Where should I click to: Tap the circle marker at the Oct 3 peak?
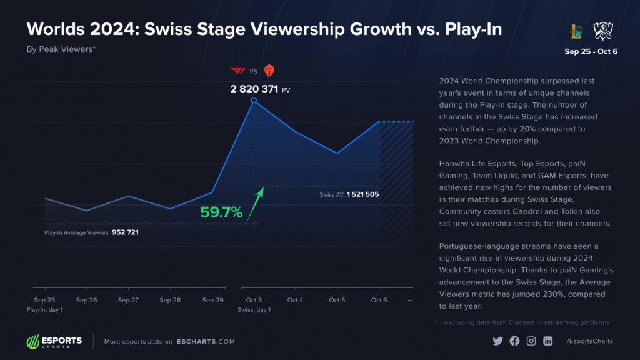coord(254,100)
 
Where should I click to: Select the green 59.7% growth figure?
coord(221,212)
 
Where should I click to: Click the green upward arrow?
coord(255,204)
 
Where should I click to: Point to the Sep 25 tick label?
coord(44,300)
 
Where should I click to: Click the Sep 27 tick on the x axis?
coord(128,300)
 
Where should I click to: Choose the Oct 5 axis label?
coord(337,300)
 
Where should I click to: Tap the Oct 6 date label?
coord(379,300)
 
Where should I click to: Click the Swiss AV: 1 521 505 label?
coord(349,194)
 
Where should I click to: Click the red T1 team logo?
coord(238,70)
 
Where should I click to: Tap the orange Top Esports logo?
coord(269,70)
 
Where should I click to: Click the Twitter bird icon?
coord(497,341)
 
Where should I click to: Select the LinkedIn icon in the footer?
coord(548,341)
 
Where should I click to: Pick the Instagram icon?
coord(531,341)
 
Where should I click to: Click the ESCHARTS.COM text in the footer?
coord(206,342)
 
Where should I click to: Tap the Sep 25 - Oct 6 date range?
coord(591,51)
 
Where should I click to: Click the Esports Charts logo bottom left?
coord(54,342)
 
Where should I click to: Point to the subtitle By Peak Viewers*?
coord(61,49)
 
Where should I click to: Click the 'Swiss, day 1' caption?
coord(254,310)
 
